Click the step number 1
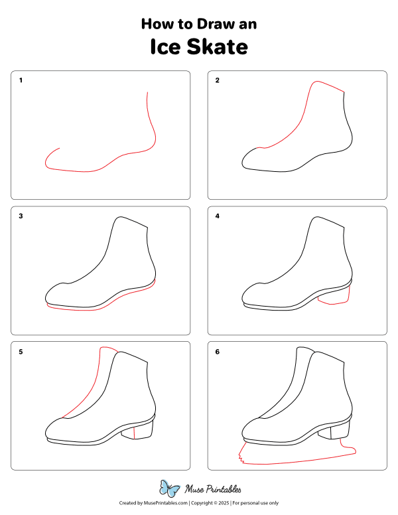[21, 81]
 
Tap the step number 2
[217, 81]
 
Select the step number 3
[21, 216]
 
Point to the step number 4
[217, 216]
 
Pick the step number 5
[21, 352]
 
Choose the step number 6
[217, 352]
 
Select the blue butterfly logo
[170, 489]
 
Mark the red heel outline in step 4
[334, 304]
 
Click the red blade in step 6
[298, 461]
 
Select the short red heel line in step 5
[135, 433]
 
